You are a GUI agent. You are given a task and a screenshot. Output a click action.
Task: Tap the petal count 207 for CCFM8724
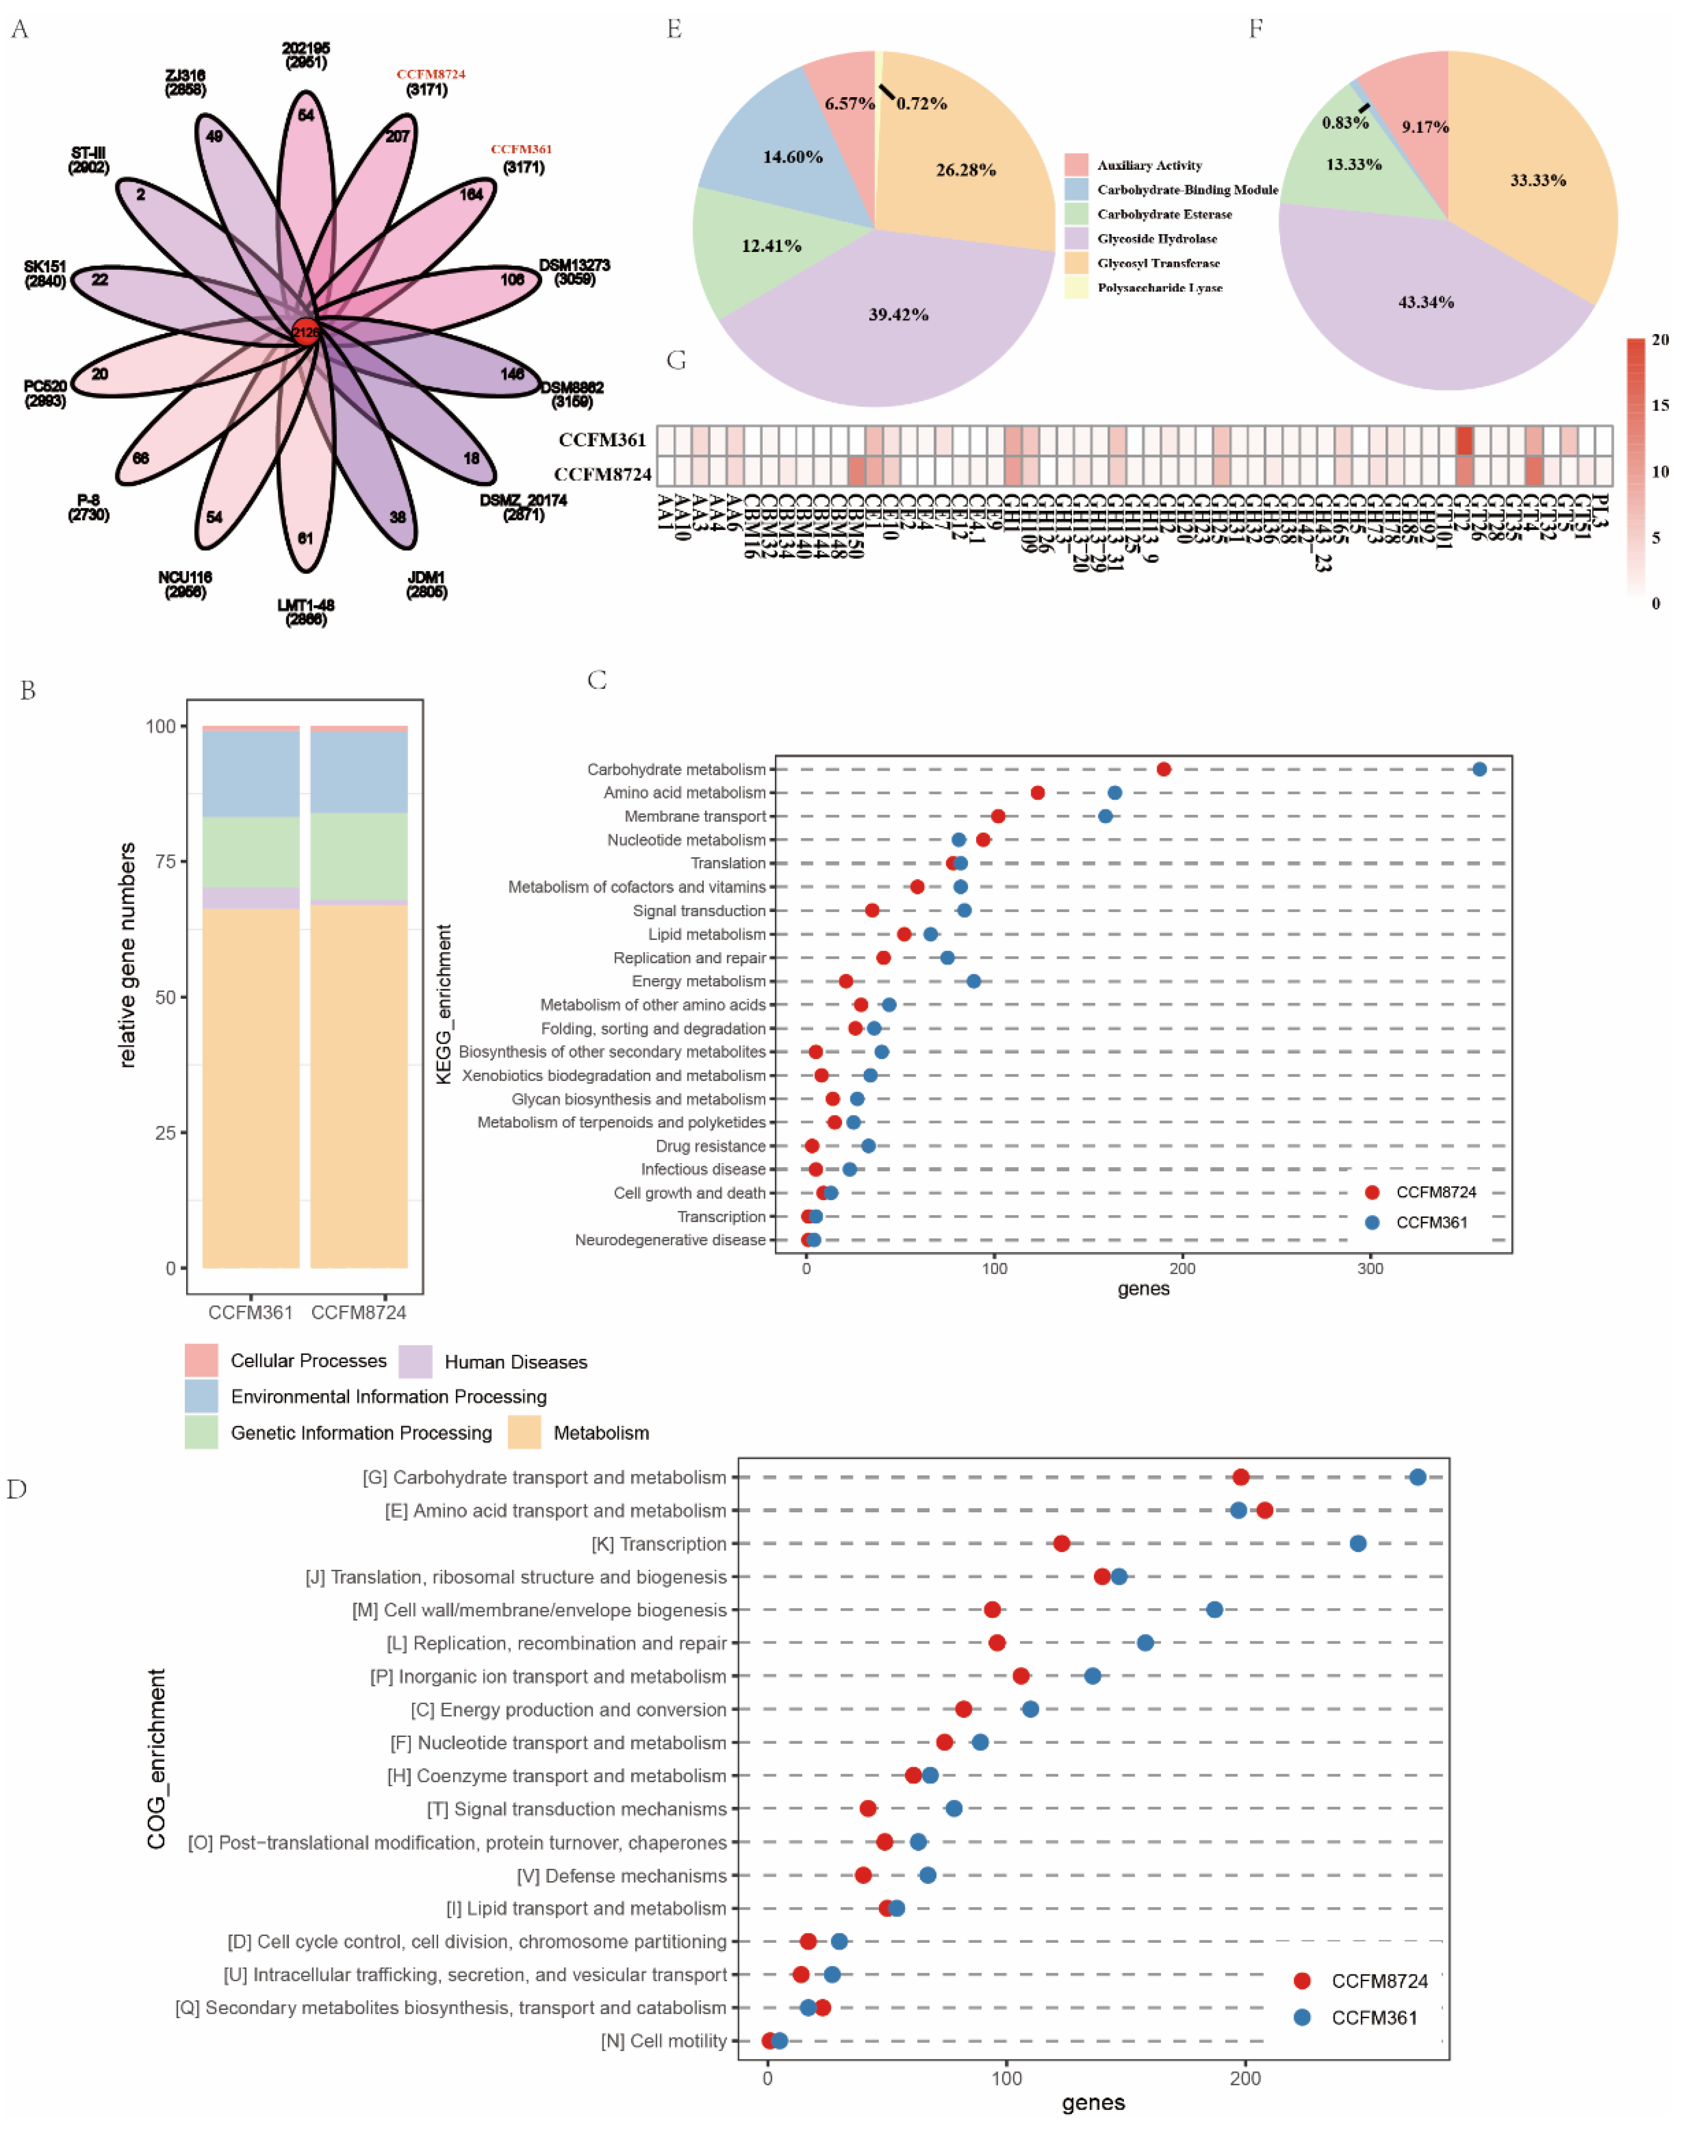point(398,136)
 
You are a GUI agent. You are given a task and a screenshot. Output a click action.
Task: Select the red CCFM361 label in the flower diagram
point(521,149)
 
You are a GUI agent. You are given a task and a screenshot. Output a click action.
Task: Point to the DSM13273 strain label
point(574,265)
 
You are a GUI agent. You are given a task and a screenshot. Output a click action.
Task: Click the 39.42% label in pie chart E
point(898,314)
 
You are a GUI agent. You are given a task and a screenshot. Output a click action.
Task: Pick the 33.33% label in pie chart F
point(1538,180)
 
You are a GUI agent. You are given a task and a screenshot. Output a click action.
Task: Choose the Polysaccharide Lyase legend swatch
point(1077,288)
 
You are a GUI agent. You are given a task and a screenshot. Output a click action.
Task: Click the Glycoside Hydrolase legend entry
point(1157,238)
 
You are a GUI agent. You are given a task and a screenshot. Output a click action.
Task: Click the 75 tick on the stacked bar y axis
point(164,861)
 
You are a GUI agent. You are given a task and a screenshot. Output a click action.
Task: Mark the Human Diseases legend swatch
point(415,1362)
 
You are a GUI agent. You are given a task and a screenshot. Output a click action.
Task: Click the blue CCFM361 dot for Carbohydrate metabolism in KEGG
point(1478,769)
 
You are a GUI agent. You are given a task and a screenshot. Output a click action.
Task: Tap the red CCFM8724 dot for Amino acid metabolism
point(1037,793)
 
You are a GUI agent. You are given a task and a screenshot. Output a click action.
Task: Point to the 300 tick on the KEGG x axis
point(1370,1269)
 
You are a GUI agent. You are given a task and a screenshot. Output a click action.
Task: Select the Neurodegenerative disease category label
point(670,1240)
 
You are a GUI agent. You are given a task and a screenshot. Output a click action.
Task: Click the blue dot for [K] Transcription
point(1358,1544)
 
